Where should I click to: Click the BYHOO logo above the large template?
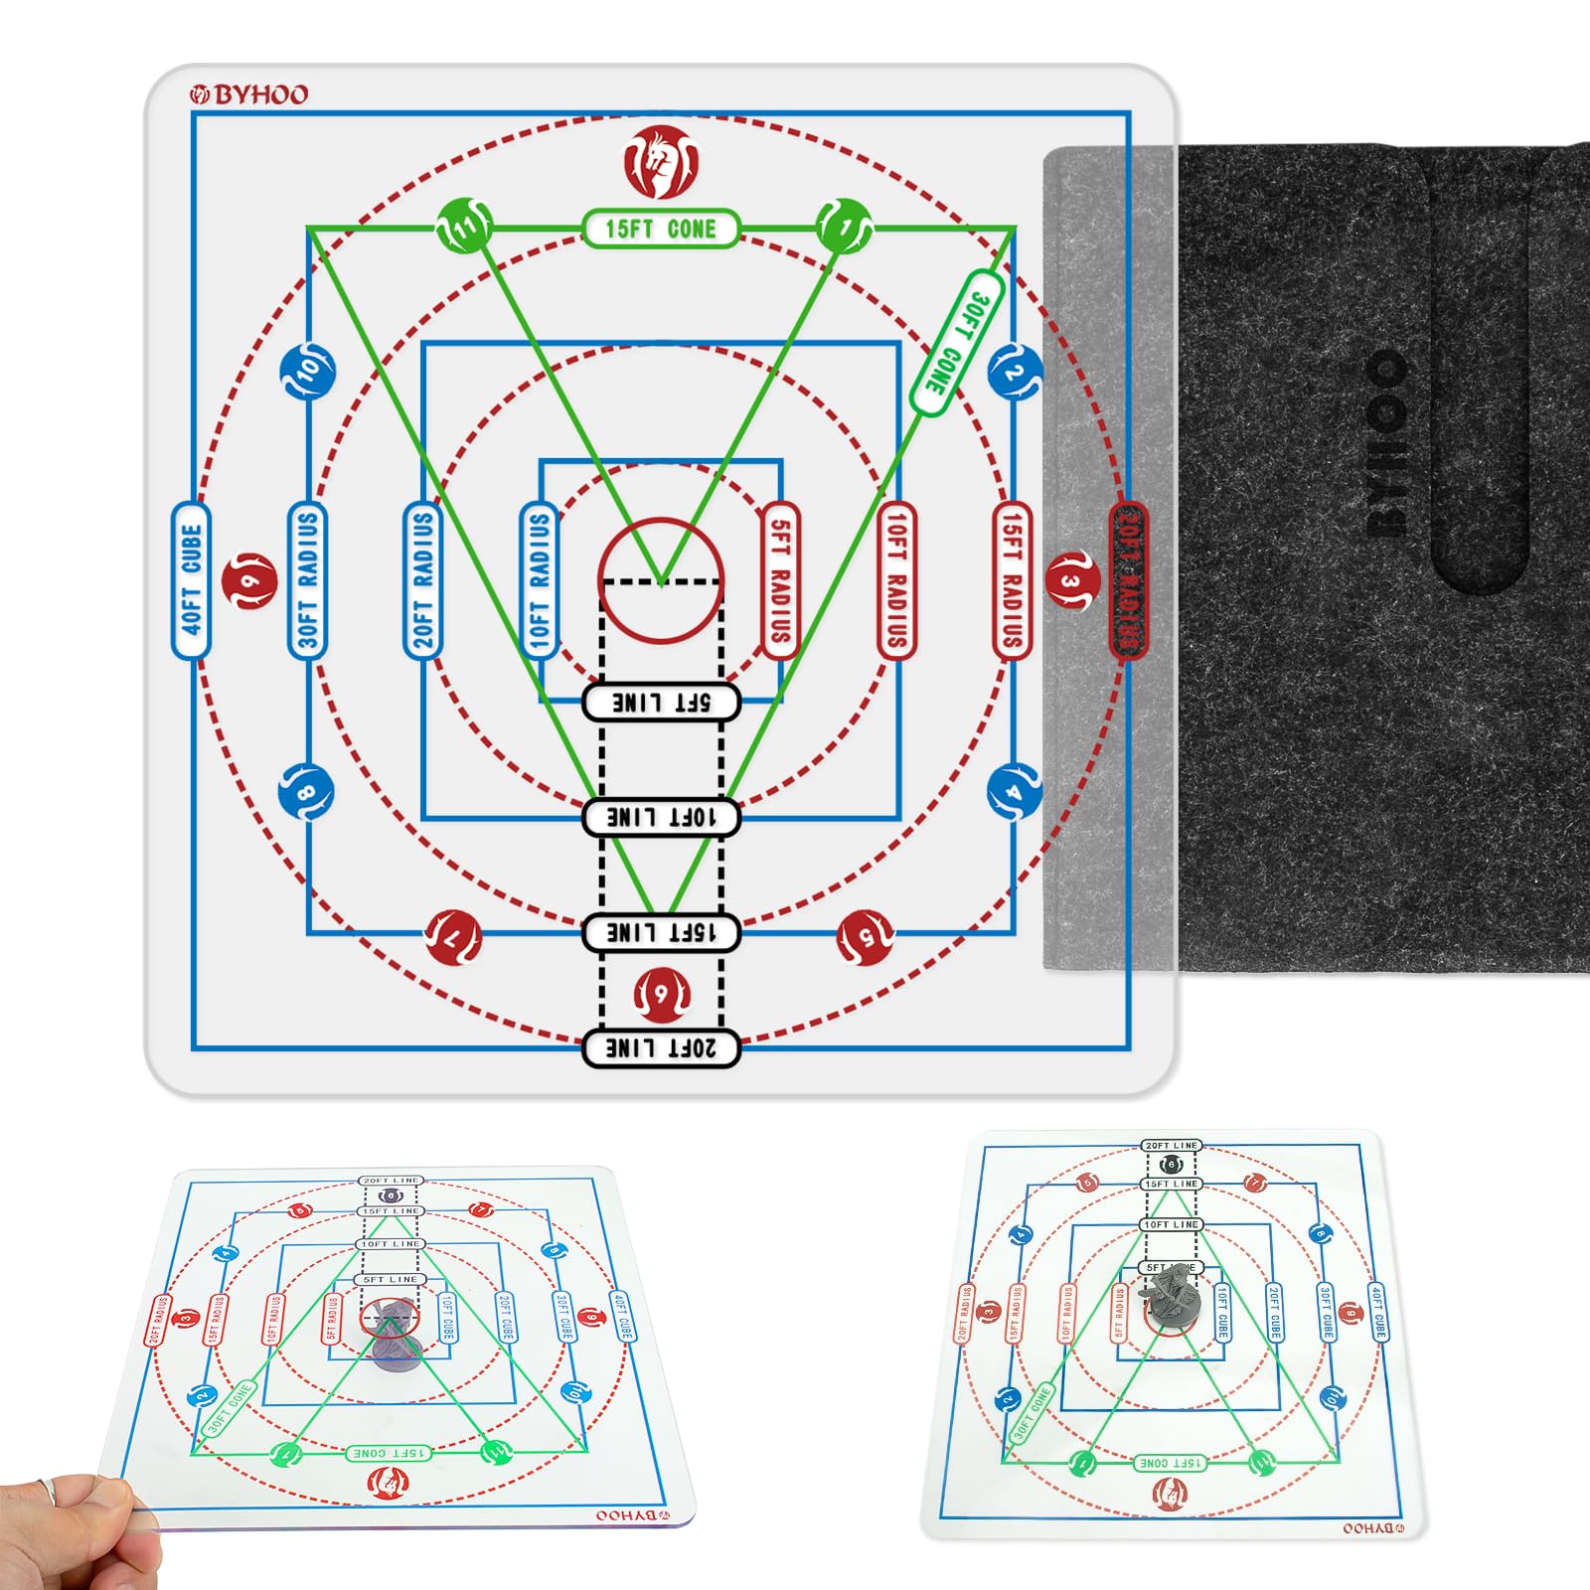[249, 94]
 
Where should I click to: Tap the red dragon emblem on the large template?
[661, 161]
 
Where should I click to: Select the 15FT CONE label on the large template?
[661, 229]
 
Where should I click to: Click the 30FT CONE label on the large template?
[956, 343]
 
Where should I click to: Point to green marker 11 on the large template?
[464, 227]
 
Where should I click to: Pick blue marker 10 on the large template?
[308, 371]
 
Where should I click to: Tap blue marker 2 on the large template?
[1014, 372]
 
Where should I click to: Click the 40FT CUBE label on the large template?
[191, 580]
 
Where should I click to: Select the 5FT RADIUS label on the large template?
[780, 580]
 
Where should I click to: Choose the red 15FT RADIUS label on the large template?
[1012, 580]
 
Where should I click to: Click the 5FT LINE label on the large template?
[661, 703]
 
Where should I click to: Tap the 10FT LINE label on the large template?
[661, 817]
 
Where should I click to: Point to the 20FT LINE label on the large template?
[661, 1047]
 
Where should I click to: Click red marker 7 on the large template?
[453, 936]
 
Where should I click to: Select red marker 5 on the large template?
[866, 936]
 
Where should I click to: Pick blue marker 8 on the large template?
[306, 791]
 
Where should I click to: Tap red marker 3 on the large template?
[1071, 580]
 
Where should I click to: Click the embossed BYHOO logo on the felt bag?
[1385, 442]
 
